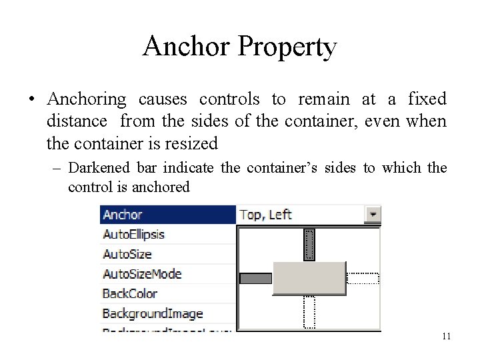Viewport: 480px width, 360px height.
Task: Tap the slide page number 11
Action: pos(446,336)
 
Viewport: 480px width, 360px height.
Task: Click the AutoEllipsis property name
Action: pos(133,235)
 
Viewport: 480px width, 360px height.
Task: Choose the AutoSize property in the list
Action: pos(127,254)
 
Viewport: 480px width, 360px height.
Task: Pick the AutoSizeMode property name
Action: pos(142,274)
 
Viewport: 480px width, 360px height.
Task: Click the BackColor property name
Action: pos(130,293)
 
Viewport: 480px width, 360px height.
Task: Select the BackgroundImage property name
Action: pos(153,313)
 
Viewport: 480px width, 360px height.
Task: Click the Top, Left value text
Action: pos(265,215)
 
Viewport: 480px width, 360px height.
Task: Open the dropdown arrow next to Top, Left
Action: pos(373,215)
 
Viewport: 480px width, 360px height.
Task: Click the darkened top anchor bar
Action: pos(309,245)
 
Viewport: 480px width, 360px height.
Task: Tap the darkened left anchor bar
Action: pos(255,279)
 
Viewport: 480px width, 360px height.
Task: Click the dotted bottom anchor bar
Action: pos(309,312)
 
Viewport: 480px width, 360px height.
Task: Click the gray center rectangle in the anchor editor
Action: pos(309,278)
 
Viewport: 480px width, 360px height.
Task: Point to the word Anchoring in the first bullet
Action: pos(87,100)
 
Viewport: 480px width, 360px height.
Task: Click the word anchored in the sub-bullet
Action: pos(161,187)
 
